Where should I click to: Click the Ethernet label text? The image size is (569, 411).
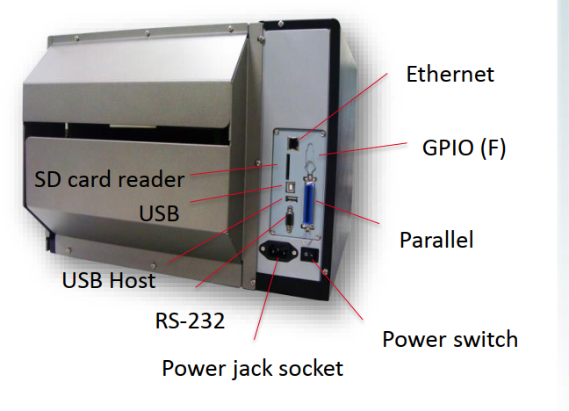[x=450, y=74]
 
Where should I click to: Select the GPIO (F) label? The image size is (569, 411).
[x=464, y=148]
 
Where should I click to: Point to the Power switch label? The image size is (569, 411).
[x=450, y=339]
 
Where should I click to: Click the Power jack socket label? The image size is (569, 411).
[x=252, y=367]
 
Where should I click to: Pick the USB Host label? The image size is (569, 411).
[x=108, y=281]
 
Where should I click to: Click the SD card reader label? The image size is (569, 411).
[x=110, y=179]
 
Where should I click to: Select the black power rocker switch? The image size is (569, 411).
[x=309, y=256]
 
